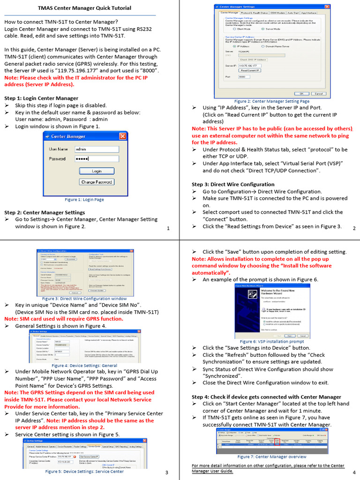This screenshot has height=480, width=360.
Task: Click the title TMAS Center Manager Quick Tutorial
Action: [x=84, y=8]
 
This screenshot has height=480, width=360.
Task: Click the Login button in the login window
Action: [x=97, y=171]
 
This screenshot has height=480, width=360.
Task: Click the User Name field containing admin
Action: [x=97, y=149]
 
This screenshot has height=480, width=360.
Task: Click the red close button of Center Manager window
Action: [x=123, y=136]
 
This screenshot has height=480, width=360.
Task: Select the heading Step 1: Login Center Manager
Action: [x=41, y=98]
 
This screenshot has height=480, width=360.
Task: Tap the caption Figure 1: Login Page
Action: [x=84, y=200]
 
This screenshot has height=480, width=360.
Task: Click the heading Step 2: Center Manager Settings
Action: [x=45, y=212]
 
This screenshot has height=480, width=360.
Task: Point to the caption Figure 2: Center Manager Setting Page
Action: [x=272, y=101]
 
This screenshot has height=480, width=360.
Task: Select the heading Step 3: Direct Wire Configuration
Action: [x=233, y=185]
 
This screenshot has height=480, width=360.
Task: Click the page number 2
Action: [x=354, y=228]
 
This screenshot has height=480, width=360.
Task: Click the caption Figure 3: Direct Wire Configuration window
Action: [x=84, y=299]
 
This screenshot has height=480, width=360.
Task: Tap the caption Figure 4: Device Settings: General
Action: [x=84, y=366]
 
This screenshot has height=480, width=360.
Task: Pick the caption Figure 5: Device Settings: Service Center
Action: [x=84, y=472]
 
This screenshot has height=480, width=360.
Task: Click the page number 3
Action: [x=166, y=472]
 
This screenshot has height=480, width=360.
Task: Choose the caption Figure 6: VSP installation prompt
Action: [x=272, y=342]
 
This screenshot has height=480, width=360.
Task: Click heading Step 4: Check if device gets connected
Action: [x=266, y=397]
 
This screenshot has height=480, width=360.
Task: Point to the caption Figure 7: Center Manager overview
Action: [x=272, y=457]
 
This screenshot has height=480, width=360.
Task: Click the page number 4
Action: [x=354, y=472]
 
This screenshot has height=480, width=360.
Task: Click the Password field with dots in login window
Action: [x=97, y=159]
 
